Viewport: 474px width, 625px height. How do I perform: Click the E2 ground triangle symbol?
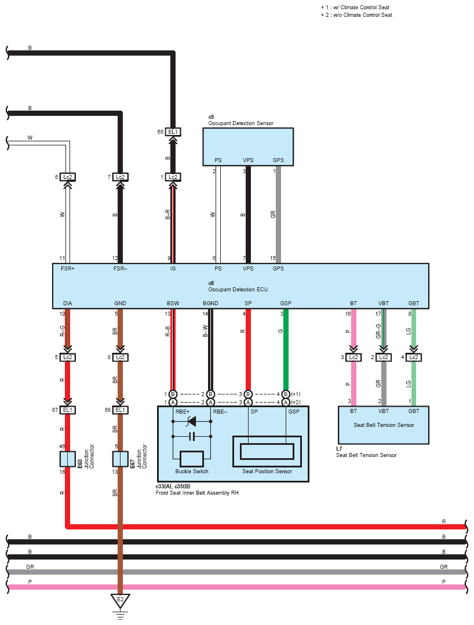click(120, 601)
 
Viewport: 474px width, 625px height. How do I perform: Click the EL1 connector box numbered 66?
click(173, 132)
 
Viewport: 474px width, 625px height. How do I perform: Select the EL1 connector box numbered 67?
click(67, 410)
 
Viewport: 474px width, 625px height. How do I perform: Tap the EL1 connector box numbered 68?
click(120, 410)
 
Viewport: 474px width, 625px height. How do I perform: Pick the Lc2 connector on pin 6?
click(67, 177)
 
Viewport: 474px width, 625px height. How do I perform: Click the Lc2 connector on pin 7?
click(120, 177)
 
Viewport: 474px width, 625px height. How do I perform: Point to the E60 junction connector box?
click(67, 459)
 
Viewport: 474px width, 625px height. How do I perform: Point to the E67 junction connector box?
click(120, 459)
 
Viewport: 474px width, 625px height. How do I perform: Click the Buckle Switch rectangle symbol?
click(192, 459)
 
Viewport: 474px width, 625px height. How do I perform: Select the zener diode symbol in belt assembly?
click(192, 421)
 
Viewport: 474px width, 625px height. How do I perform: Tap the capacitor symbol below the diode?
click(192, 437)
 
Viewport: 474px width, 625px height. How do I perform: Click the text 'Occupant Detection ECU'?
click(238, 290)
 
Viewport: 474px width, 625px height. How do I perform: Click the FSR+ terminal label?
click(68, 269)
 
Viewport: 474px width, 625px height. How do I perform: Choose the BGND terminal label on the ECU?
click(210, 304)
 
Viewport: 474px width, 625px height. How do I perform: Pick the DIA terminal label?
click(68, 304)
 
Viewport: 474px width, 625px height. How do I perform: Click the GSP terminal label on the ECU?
click(286, 304)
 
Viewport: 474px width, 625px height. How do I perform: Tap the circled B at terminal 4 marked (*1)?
click(286, 394)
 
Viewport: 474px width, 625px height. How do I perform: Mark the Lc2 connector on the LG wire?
click(413, 357)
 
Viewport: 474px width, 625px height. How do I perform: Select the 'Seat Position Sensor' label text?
click(267, 471)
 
